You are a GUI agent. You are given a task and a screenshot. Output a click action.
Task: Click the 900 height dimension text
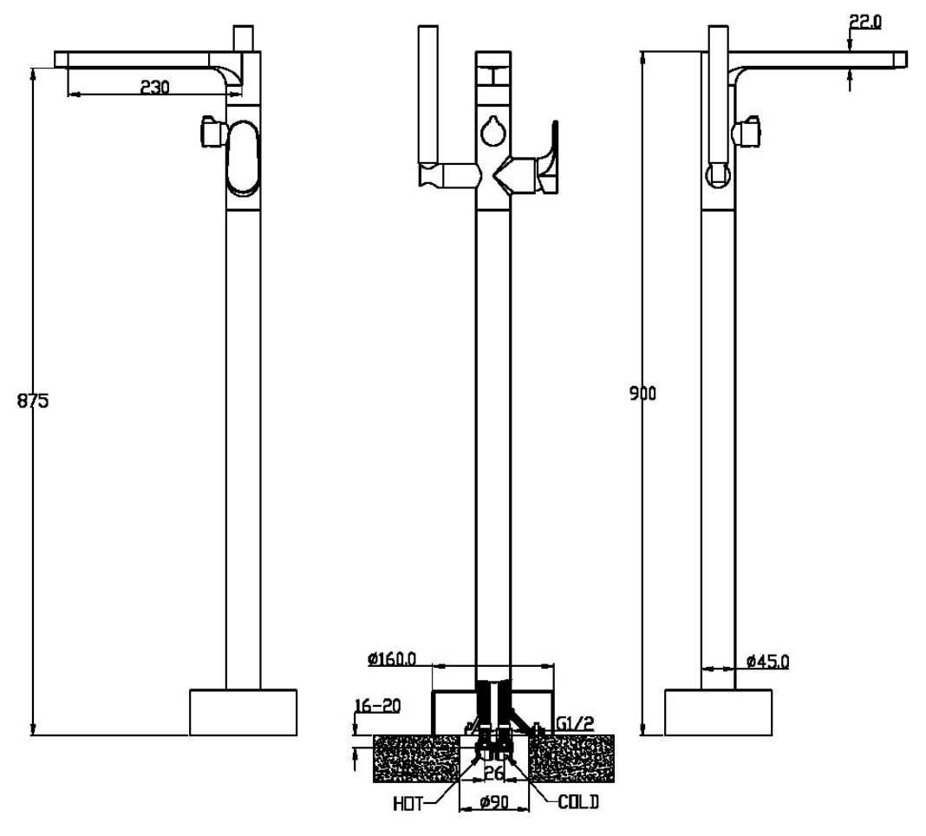642,394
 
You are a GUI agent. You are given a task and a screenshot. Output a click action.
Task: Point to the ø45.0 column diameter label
767,662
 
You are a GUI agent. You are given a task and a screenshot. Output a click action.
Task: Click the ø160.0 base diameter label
392,659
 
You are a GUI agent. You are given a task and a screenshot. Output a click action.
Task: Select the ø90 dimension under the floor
493,803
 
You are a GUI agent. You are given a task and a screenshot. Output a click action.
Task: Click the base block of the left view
243,712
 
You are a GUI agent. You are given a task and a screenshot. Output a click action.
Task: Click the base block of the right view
718,712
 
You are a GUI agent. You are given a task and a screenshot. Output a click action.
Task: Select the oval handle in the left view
242,157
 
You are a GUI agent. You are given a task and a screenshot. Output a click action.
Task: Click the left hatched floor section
415,757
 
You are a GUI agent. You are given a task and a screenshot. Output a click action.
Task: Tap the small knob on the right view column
748,131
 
